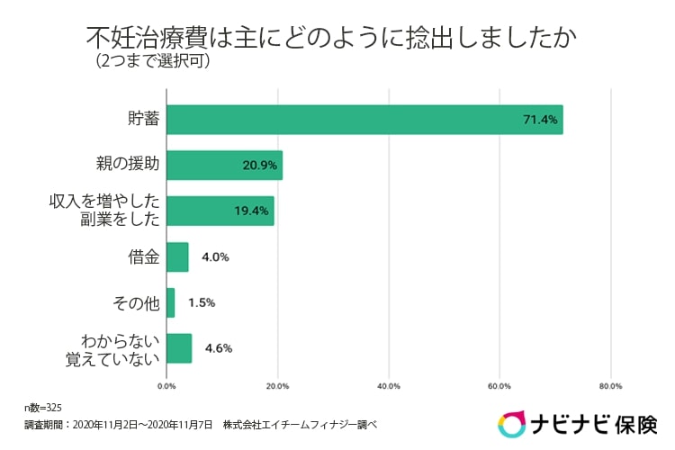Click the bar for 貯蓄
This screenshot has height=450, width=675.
[x=364, y=120]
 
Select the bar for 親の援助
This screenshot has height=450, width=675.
[x=224, y=166]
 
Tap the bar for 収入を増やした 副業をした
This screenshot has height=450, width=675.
[x=220, y=211]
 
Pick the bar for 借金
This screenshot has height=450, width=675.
[x=177, y=256]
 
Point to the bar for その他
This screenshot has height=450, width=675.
[x=170, y=302]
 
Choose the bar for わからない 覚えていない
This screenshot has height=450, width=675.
[x=179, y=348]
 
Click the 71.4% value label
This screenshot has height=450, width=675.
[x=542, y=120]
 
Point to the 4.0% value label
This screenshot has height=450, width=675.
[x=215, y=256]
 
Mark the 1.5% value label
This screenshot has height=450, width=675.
[x=202, y=302]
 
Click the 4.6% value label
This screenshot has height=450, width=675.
[x=220, y=348]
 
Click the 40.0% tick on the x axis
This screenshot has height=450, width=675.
[x=389, y=386]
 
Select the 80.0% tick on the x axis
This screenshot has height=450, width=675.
[x=610, y=386]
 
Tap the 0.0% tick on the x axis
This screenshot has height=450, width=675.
[x=166, y=386]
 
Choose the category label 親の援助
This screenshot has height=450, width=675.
[x=128, y=166]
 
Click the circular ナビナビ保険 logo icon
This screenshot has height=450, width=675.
[x=513, y=424]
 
